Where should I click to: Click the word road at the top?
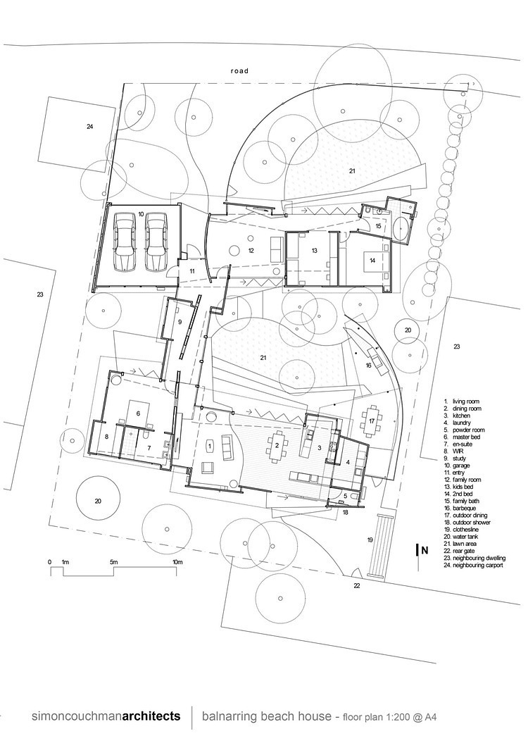click(x=240, y=70)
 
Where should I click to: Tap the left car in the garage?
click(x=125, y=241)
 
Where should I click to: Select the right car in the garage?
click(x=156, y=241)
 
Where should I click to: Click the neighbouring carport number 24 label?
click(x=89, y=126)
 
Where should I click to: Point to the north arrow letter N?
click(x=425, y=550)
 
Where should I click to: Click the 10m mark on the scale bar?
click(x=177, y=562)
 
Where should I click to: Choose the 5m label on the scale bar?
click(x=113, y=562)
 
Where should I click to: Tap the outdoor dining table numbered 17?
click(x=372, y=420)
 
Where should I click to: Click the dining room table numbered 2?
click(x=277, y=446)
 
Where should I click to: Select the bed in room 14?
click(x=373, y=261)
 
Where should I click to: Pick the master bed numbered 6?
click(x=138, y=413)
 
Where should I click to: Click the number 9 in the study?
click(x=180, y=322)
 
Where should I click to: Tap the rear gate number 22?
click(x=357, y=585)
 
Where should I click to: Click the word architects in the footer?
click(x=151, y=716)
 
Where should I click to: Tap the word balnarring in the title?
click(x=227, y=716)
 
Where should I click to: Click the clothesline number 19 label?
click(x=370, y=540)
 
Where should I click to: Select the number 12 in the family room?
click(x=251, y=250)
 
